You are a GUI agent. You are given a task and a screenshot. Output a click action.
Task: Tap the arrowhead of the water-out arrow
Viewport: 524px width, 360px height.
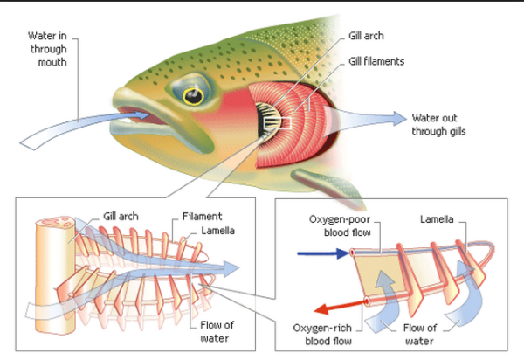tap(400, 117)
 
